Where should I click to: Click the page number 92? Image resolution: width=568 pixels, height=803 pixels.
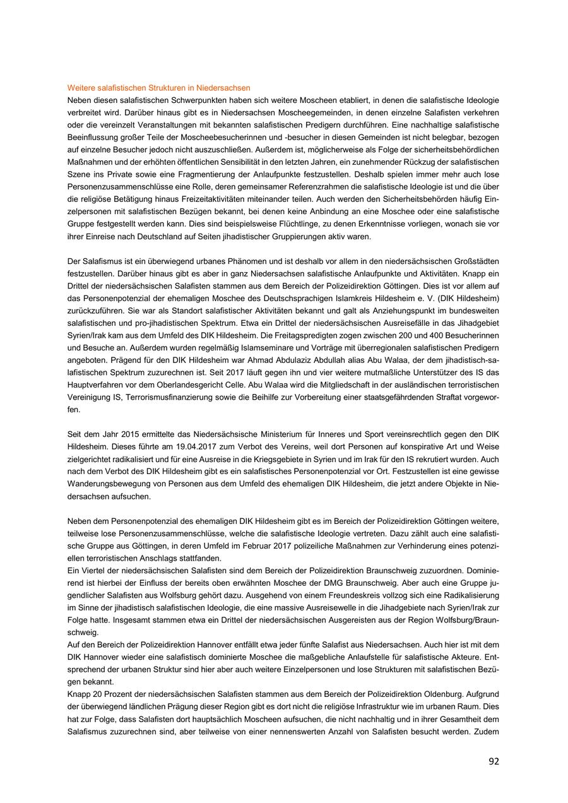[494, 761]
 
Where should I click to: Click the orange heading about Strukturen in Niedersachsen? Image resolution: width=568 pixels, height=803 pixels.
[159, 88]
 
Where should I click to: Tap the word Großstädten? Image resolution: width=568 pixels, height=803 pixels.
[474, 262]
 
